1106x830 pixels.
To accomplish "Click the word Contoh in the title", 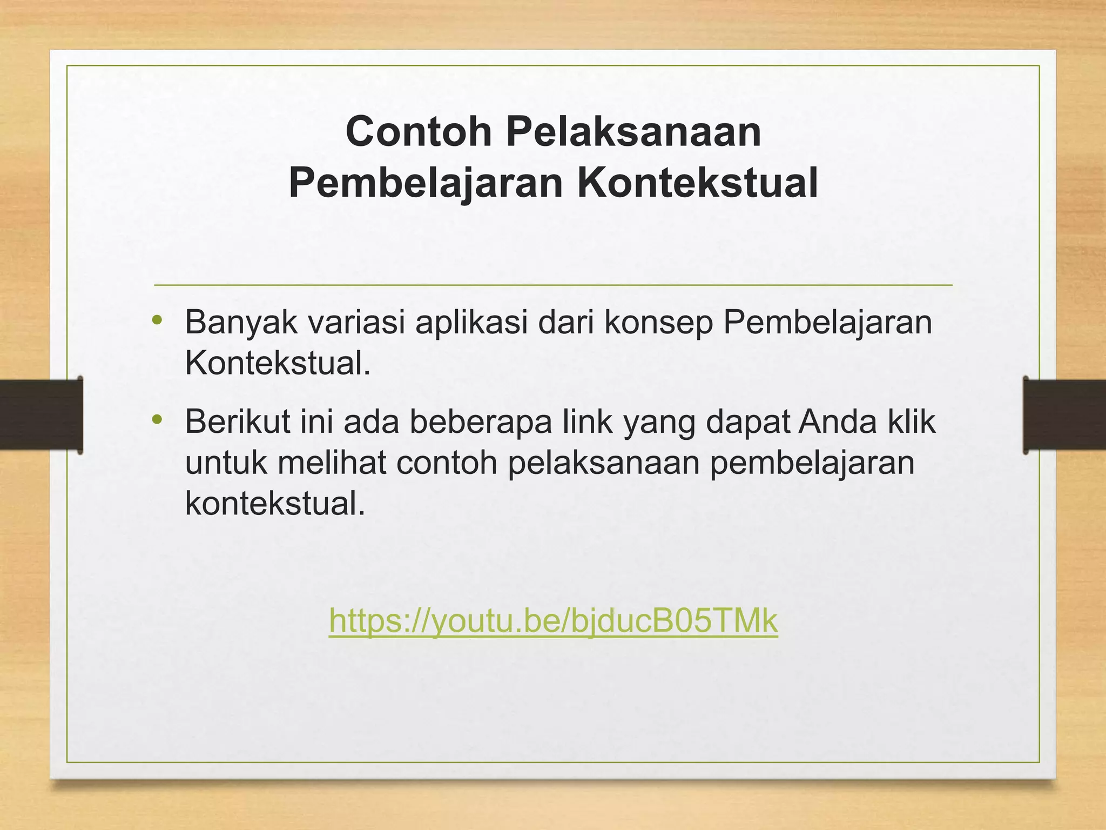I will (x=419, y=131).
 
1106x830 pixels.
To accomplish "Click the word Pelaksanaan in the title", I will (x=633, y=131).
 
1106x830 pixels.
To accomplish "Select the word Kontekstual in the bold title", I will (x=697, y=183).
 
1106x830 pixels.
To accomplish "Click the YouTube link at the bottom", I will (x=553, y=621).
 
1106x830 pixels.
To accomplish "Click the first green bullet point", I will (x=157, y=320).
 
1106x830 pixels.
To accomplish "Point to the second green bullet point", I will (x=157, y=419).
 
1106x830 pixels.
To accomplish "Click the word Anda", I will (x=837, y=421).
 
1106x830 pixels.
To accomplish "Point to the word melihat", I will (x=332, y=463).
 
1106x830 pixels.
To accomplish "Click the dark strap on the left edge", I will (x=41, y=415).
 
